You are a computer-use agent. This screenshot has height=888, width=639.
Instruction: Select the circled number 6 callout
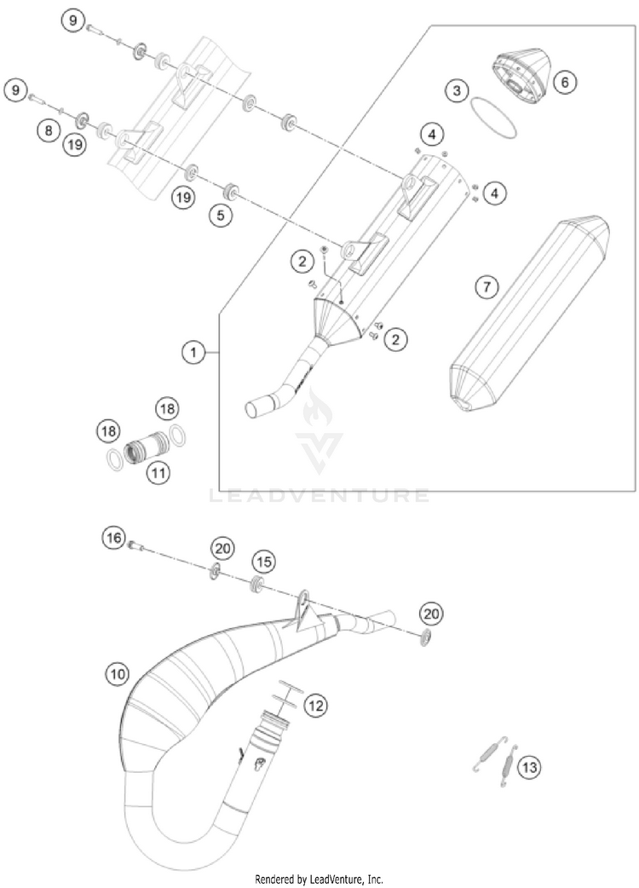pos(563,82)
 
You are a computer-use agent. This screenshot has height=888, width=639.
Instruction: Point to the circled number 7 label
pos(486,287)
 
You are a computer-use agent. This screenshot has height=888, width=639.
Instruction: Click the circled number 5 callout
pos(221,216)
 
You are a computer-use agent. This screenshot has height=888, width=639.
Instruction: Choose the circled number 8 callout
pos(49,130)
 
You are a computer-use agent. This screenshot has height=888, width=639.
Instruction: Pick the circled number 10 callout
pos(118,674)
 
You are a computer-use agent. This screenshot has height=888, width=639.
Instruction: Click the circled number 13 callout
pos(528,767)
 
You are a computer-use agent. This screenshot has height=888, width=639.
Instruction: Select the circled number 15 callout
pos(263,562)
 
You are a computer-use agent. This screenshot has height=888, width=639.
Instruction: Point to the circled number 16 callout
pos(113,537)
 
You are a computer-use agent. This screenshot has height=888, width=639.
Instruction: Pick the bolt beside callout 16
pos(135,545)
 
